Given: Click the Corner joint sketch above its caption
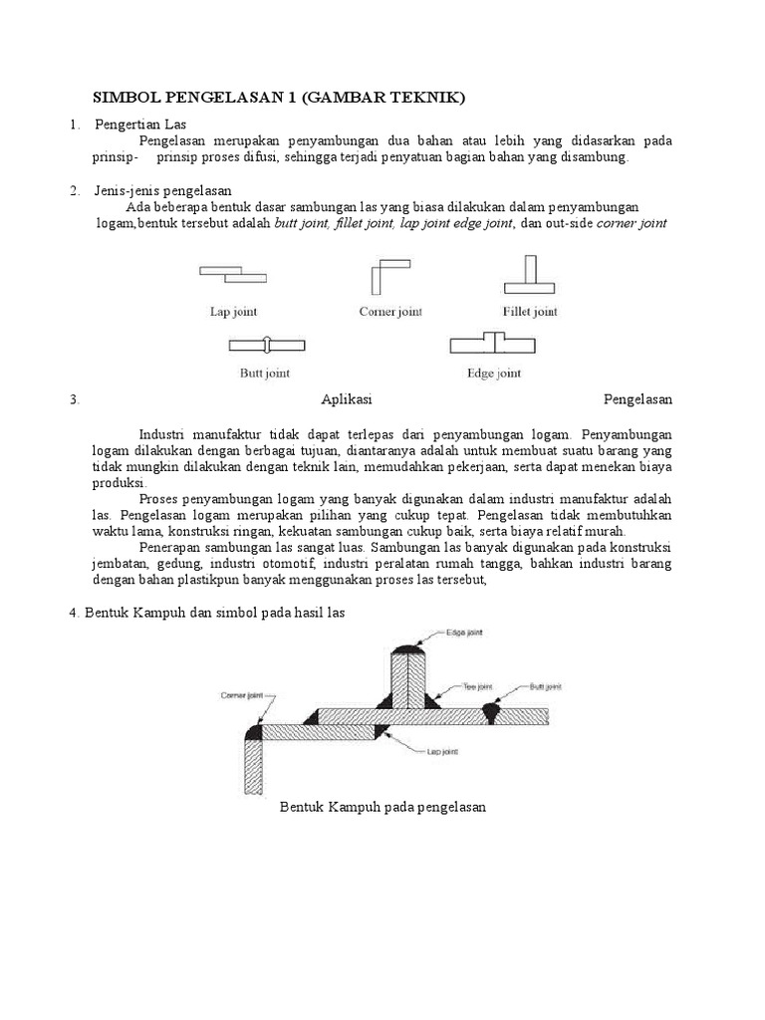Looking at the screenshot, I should (389, 275).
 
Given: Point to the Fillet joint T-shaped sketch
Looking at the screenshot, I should (530, 275).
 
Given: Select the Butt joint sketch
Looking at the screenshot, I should (264, 345).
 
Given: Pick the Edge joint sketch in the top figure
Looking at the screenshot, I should (493, 344).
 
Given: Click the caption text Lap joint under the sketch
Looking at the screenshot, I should (233, 312).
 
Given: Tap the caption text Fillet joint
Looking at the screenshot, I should (530, 312).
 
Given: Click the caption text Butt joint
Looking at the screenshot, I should (264, 375).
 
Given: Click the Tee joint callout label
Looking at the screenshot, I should (479, 686).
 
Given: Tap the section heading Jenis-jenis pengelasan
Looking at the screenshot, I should (163, 190).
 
